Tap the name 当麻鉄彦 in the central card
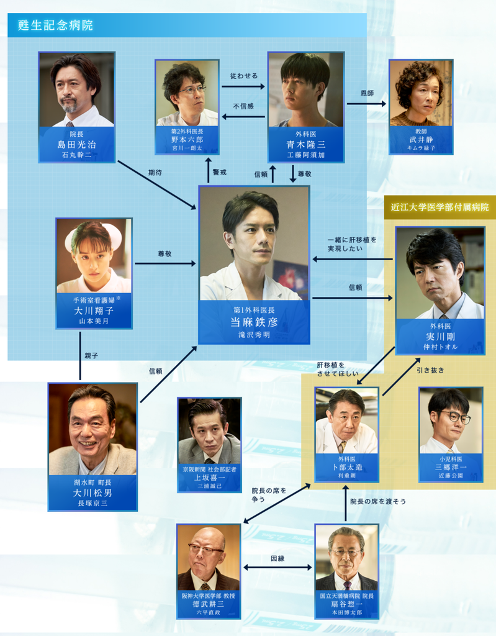pyautogui.click(x=253, y=322)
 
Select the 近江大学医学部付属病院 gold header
pyautogui.click(x=439, y=207)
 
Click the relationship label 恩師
pyautogui.click(x=367, y=93)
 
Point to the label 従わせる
pyautogui.click(x=243, y=76)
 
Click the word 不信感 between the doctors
pyautogui.click(x=243, y=106)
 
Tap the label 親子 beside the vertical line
pyautogui.click(x=92, y=356)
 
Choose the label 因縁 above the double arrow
pyautogui.click(x=277, y=558)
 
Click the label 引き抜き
pyautogui.click(x=431, y=370)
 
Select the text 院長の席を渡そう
pyautogui.click(x=377, y=501)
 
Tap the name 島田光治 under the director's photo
pyautogui.click(x=76, y=143)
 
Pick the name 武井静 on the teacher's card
pyautogui.click(x=421, y=140)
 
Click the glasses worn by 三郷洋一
pyautogui.click(x=455, y=417)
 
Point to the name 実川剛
pyautogui.click(x=440, y=336)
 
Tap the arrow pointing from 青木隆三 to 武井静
pyautogui.click(x=366, y=104)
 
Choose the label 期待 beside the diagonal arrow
pyautogui.click(x=155, y=173)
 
